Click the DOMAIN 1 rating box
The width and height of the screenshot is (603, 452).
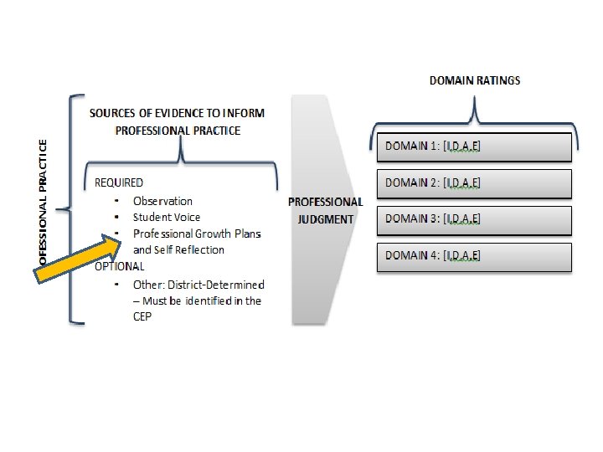tap(474, 147)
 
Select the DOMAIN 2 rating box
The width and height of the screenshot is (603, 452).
tap(474, 183)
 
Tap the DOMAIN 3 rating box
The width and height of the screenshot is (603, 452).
tap(474, 220)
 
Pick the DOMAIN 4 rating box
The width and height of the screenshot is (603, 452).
tap(474, 257)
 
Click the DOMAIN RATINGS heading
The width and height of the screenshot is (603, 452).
tap(474, 80)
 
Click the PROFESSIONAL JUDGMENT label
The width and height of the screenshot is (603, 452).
tap(325, 211)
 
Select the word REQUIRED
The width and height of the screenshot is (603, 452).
tap(118, 182)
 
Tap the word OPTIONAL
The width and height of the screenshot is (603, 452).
tap(119, 266)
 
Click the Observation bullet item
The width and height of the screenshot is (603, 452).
tap(162, 201)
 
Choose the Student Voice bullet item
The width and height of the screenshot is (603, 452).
tap(167, 218)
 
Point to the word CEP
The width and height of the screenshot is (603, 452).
tap(142, 317)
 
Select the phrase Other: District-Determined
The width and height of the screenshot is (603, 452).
tap(198, 285)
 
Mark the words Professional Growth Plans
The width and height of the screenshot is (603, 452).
tap(197, 234)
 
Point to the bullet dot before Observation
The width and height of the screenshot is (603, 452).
tap(115, 201)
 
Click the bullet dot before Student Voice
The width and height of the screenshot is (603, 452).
tap(115, 218)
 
